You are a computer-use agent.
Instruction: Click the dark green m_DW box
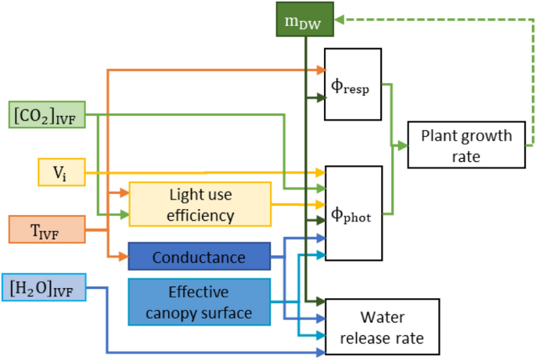click(x=306, y=20)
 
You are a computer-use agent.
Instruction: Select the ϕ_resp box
click(x=354, y=84)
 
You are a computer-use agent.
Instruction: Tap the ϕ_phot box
click(x=354, y=213)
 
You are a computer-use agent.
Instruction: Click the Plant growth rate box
click(x=466, y=145)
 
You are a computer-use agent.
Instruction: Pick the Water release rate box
click(x=381, y=328)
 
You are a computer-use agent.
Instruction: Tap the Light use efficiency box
click(x=200, y=203)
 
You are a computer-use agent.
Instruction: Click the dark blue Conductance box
click(x=199, y=257)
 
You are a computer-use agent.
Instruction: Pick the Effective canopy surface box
click(x=199, y=303)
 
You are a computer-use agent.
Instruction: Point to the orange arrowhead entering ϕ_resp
click(x=321, y=70)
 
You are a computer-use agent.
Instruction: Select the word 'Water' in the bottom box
click(x=381, y=319)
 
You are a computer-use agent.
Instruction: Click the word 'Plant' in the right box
click(x=440, y=135)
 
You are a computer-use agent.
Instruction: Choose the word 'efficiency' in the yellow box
click(x=200, y=214)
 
